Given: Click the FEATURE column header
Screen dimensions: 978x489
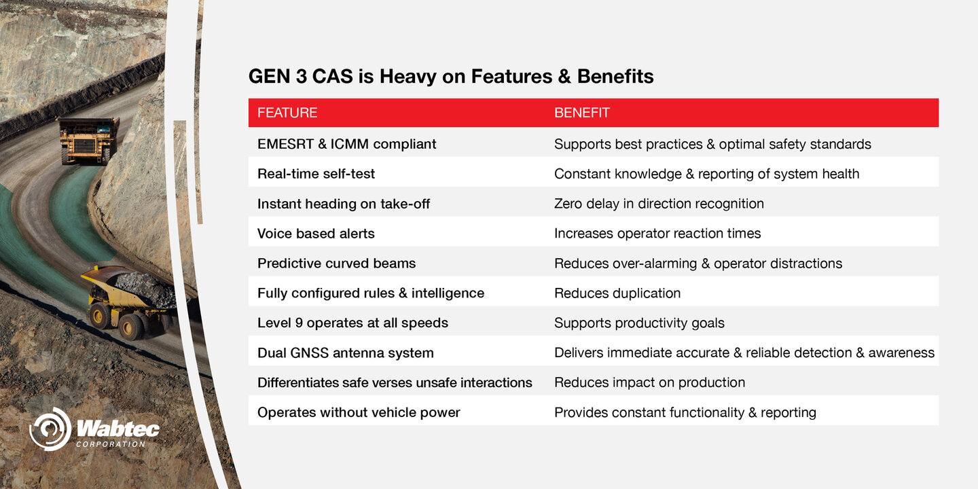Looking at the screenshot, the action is click(x=287, y=113).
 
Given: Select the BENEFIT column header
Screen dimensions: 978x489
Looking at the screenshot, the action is click(x=581, y=113).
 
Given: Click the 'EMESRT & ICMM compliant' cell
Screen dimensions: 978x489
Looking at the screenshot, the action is click(x=346, y=144).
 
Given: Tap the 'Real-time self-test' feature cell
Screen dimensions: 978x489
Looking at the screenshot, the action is click(x=316, y=174).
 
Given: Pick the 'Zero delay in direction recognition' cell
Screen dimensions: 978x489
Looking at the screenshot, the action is click(x=659, y=204).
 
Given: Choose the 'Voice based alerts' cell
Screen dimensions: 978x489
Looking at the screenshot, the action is click(x=316, y=234).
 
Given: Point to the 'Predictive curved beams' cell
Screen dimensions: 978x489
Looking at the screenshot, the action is click(x=336, y=264).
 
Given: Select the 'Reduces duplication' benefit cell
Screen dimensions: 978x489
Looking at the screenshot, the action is click(x=617, y=293).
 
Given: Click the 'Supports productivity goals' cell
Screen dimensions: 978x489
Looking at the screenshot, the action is click(x=639, y=323).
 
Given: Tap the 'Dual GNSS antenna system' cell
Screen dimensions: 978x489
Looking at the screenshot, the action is click(x=345, y=352).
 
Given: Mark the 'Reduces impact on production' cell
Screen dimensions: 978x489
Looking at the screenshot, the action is click(x=650, y=382).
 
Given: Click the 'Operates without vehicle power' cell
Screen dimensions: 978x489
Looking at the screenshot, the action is click(x=359, y=413).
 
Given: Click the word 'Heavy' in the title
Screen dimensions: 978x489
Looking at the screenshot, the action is click(x=407, y=77).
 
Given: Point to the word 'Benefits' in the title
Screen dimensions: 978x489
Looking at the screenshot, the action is click(x=615, y=76).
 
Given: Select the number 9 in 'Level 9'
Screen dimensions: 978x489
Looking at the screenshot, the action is click(x=299, y=323).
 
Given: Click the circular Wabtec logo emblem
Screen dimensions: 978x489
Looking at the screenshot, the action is click(x=50, y=429).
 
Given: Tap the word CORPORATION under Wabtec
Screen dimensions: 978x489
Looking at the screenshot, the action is click(x=111, y=444).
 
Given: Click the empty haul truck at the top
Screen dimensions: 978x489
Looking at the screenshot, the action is click(x=89, y=141).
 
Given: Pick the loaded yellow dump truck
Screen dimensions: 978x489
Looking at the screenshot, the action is click(x=131, y=302).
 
